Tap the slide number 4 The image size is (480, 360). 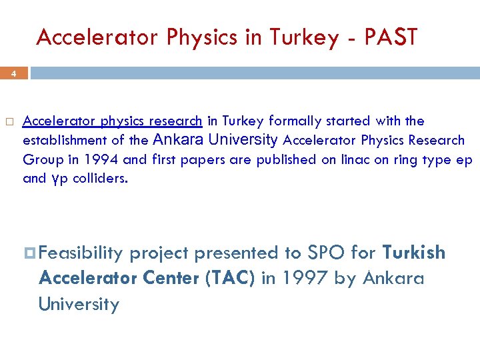[13, 75]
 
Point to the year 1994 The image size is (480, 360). [105, 159]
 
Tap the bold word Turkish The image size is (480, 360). [413, 253]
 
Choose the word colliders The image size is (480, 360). [98, 179]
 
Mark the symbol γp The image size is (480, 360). [58, 179]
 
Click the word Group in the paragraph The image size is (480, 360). [41, 159]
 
